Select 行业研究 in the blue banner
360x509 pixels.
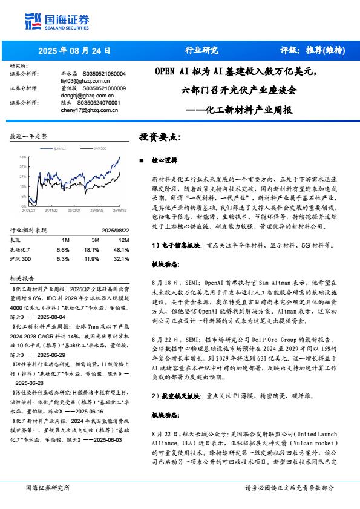click(x=201, y=51)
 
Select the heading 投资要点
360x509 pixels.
click(x=160, y=137)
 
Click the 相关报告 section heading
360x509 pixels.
click(x=22, y=278)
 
